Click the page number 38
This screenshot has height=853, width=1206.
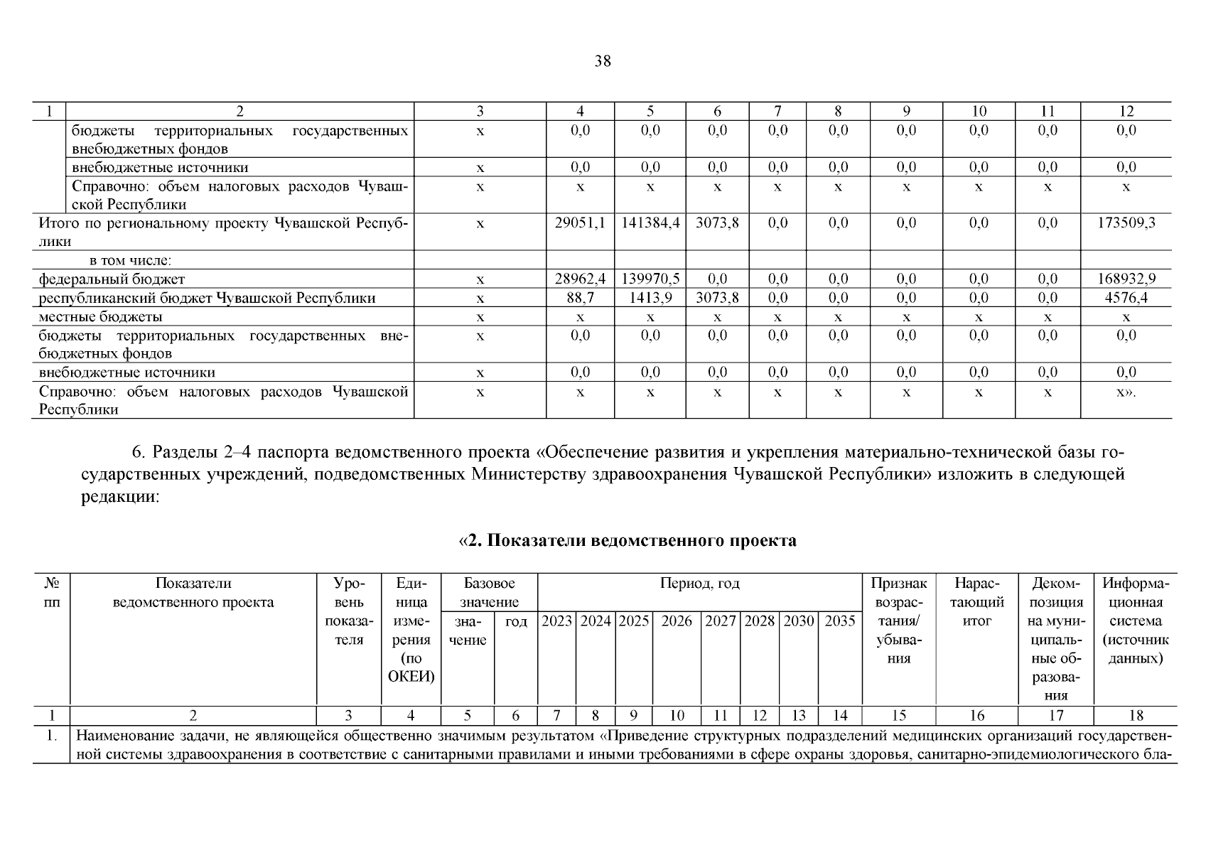602,61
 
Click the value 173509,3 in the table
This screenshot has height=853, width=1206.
1126,223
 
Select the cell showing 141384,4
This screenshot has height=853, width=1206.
650,223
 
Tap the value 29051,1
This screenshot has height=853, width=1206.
580,223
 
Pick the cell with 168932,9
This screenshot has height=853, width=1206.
1126,279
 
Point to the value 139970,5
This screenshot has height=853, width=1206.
650,279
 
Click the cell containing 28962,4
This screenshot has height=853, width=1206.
580,279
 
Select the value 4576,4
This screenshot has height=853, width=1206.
1126,298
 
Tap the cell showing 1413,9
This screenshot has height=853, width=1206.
650,298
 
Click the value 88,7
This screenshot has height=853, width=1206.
580,298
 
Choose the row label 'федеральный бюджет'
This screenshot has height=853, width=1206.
112,279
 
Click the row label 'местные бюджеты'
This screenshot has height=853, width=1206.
100,316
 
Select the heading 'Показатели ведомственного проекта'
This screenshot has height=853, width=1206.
628,541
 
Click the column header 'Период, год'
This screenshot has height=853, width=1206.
699,584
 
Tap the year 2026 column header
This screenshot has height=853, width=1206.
677,621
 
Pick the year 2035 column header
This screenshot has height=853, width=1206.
840,621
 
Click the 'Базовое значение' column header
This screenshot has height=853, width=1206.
489,593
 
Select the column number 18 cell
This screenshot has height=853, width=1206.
1135,715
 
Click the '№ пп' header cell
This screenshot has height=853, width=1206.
51,593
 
